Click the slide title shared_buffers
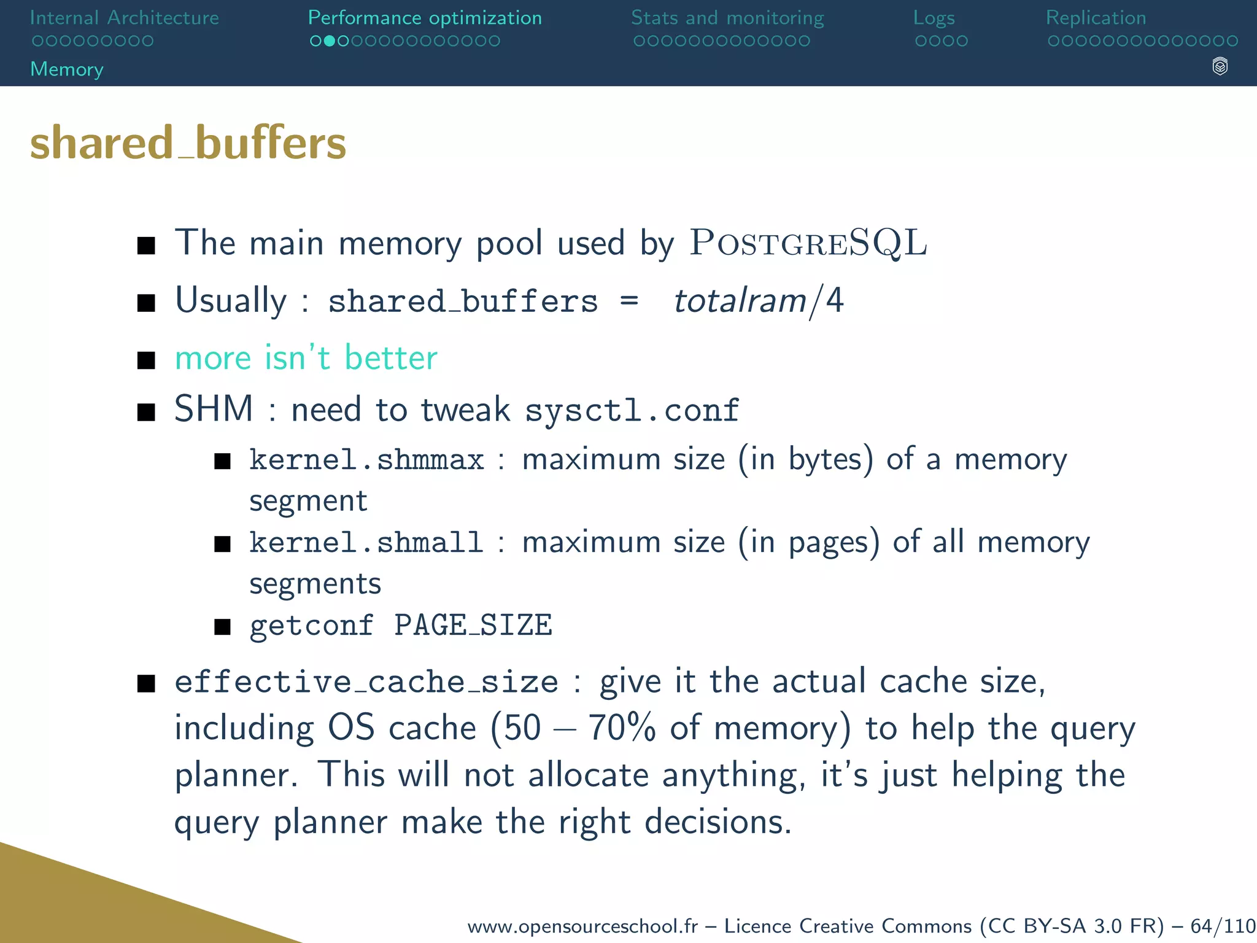pos(188,143)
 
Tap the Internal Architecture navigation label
pos(124,18)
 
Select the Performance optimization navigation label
pos(425,18)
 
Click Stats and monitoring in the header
pos(727,18)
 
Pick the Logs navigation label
pos(934,18)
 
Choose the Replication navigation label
pos(1096,18)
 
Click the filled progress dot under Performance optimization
pos(329,41)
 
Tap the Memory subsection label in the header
pos(67,69)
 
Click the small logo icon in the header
pos(1220,66)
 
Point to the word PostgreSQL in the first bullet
pos(808,243)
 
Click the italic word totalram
pos(740,301)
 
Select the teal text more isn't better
pos(306,358)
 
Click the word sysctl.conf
pos(632,410)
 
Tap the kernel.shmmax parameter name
pos(366,460)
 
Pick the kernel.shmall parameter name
pos(366,543)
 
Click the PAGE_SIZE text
pos(473,626)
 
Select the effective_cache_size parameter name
pos(366,682)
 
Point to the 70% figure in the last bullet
pos(622,729)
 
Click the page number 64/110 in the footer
pos(1223,926)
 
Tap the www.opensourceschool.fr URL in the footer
pos(582,926)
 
